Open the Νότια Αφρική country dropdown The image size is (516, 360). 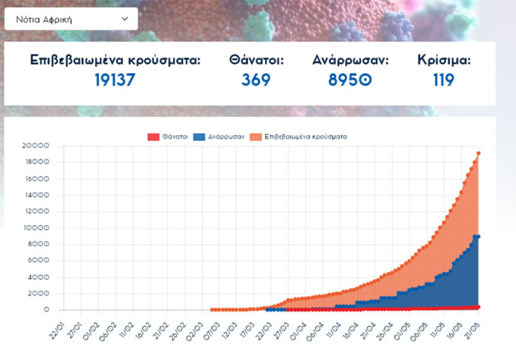coord(70,19)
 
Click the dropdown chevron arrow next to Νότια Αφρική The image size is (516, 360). coord(124,19)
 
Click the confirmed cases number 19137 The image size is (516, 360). coord(115,80)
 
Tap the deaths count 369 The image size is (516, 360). coord(256,80)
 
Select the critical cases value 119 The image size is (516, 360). coord(444,80)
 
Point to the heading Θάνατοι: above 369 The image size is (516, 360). coord(256,60)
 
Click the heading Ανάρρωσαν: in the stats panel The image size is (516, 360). coord(350,60)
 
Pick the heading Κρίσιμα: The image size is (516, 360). coord(444,60)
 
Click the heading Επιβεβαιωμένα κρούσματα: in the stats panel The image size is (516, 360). coord(115,60)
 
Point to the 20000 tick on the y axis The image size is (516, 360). coord(36,146)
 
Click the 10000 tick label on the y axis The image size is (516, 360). coord(36,228)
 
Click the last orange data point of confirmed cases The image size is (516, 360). coord(479,153)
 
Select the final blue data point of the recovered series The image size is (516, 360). coord(479,236)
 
